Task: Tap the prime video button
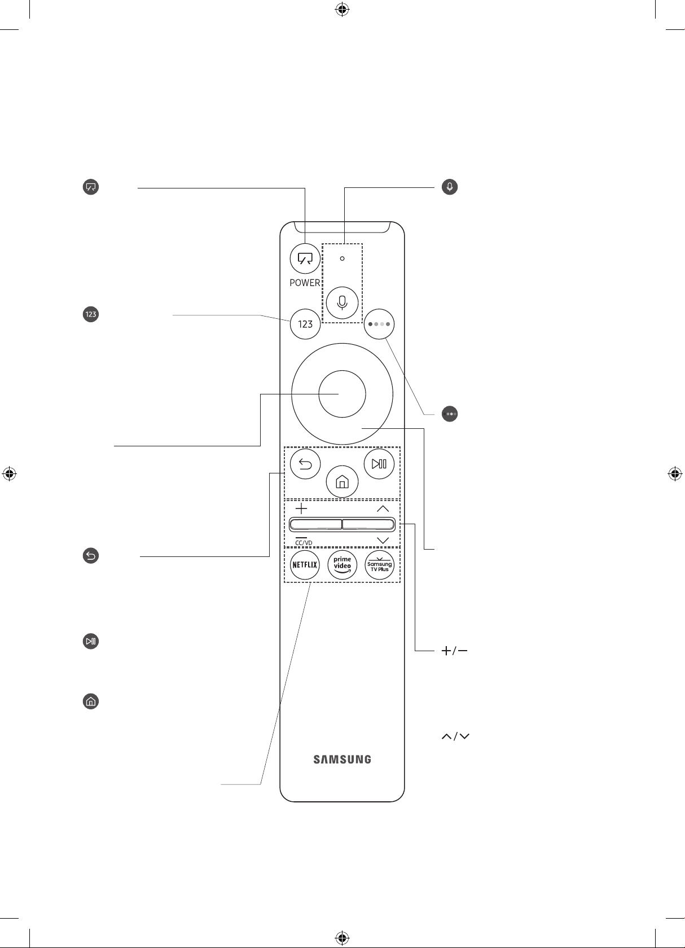[x=342, y=564]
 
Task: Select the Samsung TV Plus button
[x=380, y=564]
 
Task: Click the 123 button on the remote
[x=305, y=324]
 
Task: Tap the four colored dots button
[x=379, y=324]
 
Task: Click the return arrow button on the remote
[x=305, y=464]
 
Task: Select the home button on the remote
[x=342, y=482]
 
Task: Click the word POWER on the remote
[x=305, y=283]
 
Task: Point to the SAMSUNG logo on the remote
[x=342, y=760]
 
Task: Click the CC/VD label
[x=304, y=543]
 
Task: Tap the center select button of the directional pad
[x=342, y=394]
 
